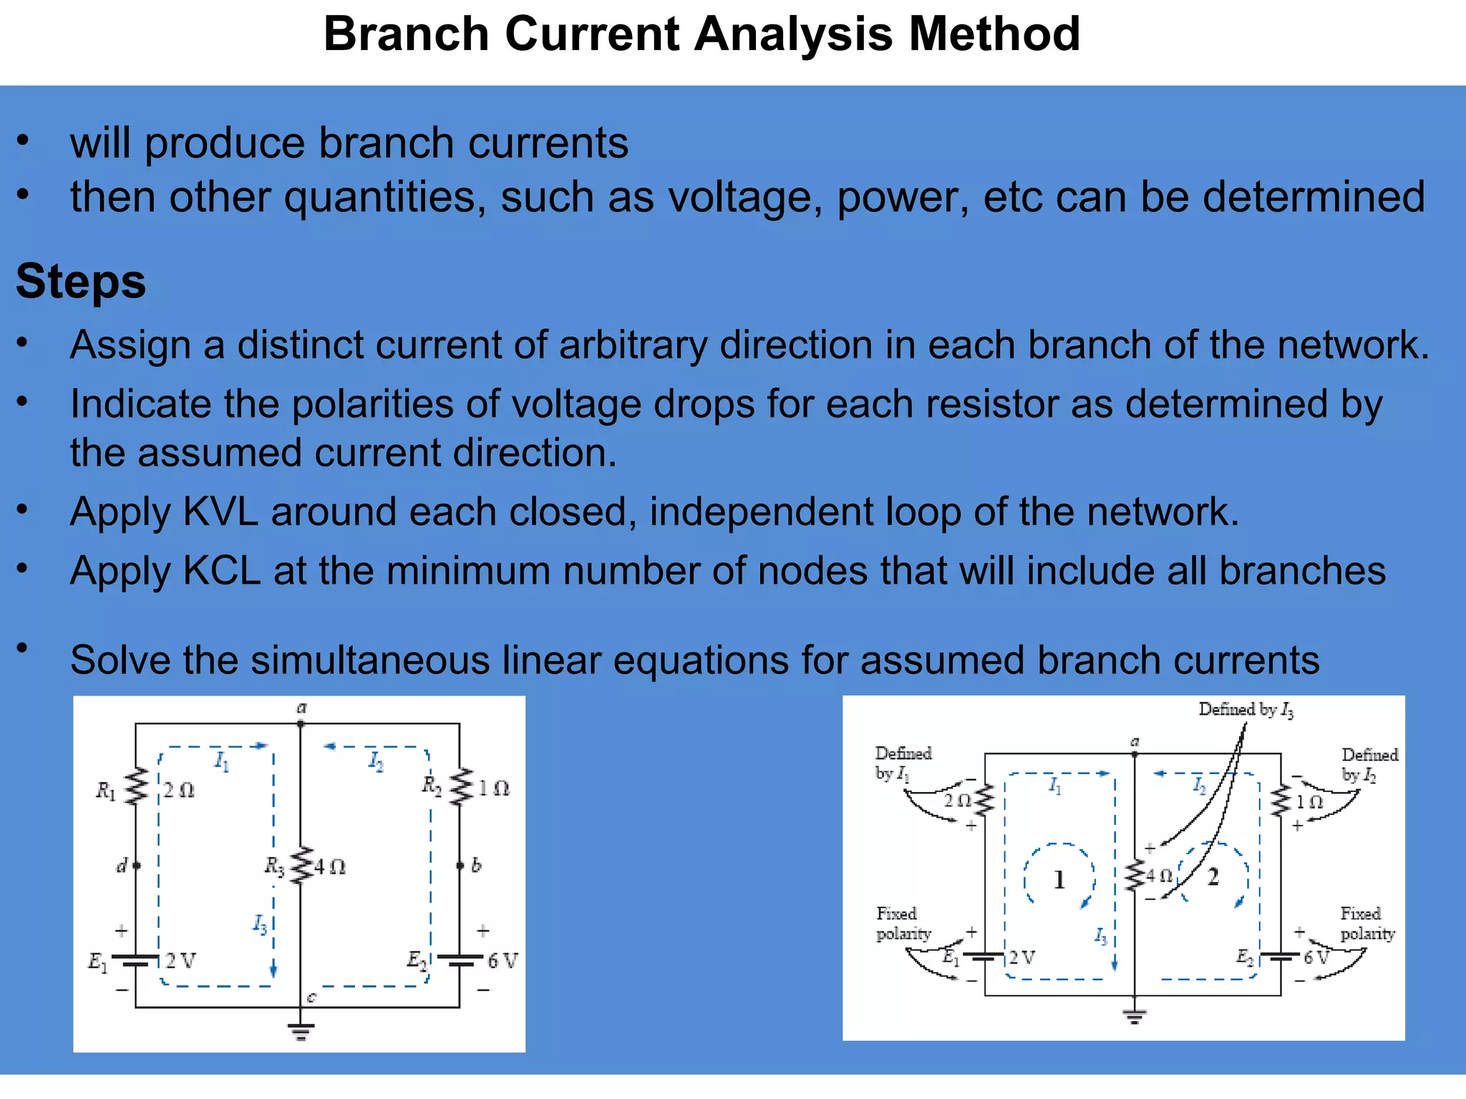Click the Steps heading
[81, 281]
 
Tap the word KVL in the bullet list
[220, 512]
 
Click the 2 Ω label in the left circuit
[178, 790]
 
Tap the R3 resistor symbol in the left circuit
[301, 866]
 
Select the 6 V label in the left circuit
[502, 961]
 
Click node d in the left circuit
[136, 866]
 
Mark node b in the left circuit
[460, 866]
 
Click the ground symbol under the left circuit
[301, 1031]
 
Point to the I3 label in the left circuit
[259, 924]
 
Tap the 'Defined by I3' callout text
[1246, 710]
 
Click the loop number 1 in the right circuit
[1059, 879]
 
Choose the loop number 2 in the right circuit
[1213, 876]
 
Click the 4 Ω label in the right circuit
[1160, 875]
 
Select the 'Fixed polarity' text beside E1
[903, 924]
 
